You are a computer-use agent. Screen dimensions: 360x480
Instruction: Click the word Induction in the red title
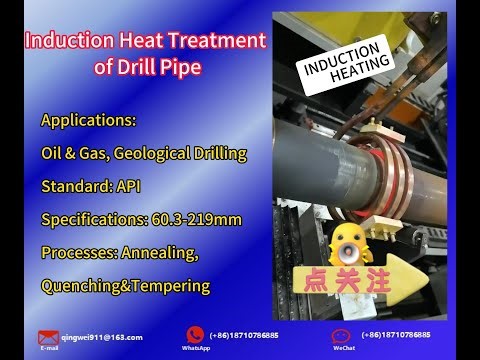pyautogui.click(x=65, y=42)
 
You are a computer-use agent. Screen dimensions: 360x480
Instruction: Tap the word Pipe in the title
pyautogui.click(x=186, y=67)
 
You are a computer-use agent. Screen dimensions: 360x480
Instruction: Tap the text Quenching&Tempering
pyautogui.click(x=125, y=286)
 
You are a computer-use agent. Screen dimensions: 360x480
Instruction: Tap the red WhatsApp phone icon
pyautogui.click(x=196, y=335)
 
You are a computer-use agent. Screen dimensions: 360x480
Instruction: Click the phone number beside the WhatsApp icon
pyautogui.click(x=244, y=335)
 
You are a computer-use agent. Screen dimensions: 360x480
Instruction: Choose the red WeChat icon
pyautogui.click(x=343, y=335)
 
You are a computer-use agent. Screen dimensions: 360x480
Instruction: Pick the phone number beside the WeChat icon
pyautogui.click(x=396, y=335)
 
